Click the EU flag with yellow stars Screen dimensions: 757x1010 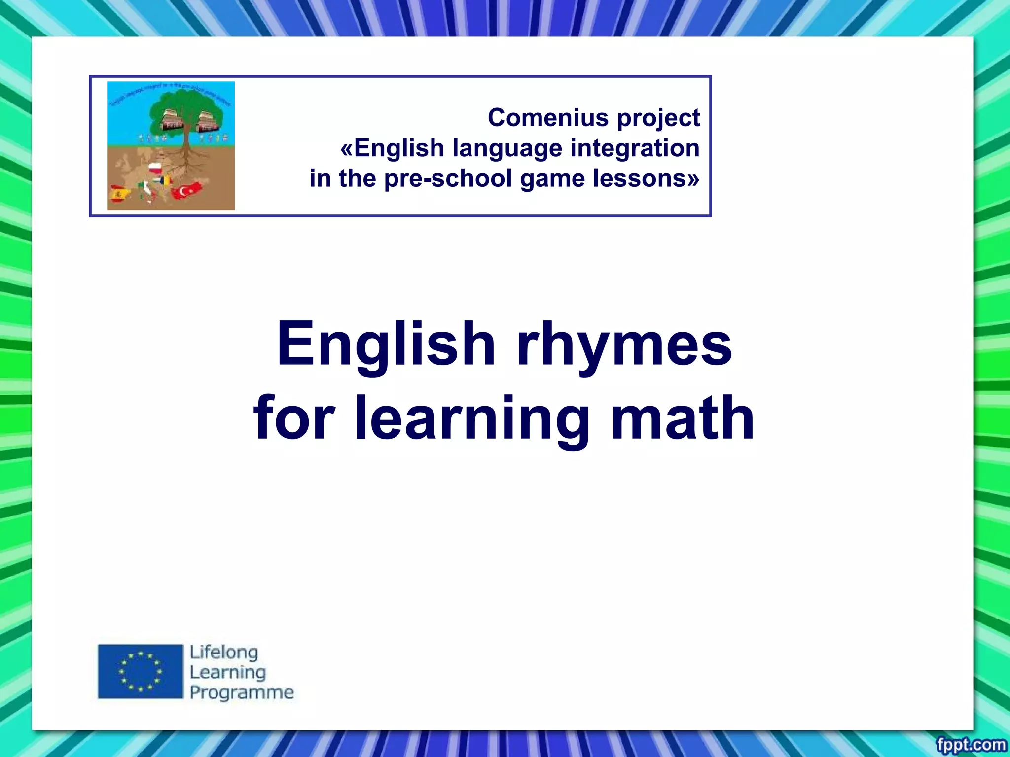tap(141, 671)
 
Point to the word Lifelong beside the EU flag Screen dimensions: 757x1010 tap(224, 653)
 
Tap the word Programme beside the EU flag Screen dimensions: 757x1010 tap(242, 693)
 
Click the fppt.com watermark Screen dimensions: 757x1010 tap(971, 744)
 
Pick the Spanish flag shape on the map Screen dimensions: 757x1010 tap(120, 193)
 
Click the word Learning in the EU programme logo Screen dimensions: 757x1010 tap(228, 672)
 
